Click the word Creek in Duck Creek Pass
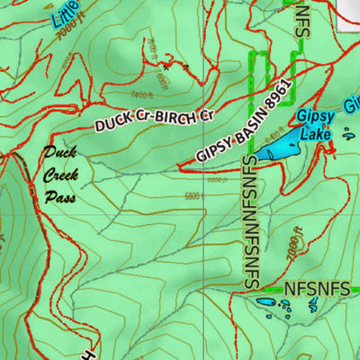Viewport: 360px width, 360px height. [59, 175]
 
